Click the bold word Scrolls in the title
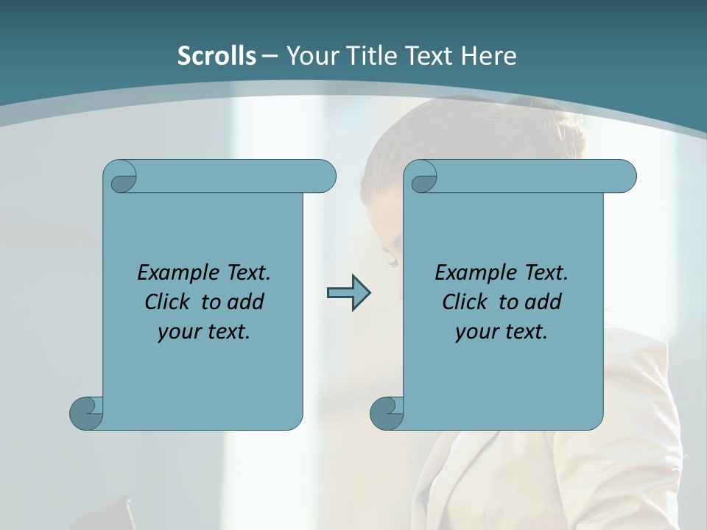(x=217, y=56)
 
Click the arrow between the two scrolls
(x=348, y=293)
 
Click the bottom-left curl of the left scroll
(x=87, y=414)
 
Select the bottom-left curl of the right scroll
(x=387, y=414)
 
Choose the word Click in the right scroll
(x=465, y=303)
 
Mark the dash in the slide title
(x=270, y=56)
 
